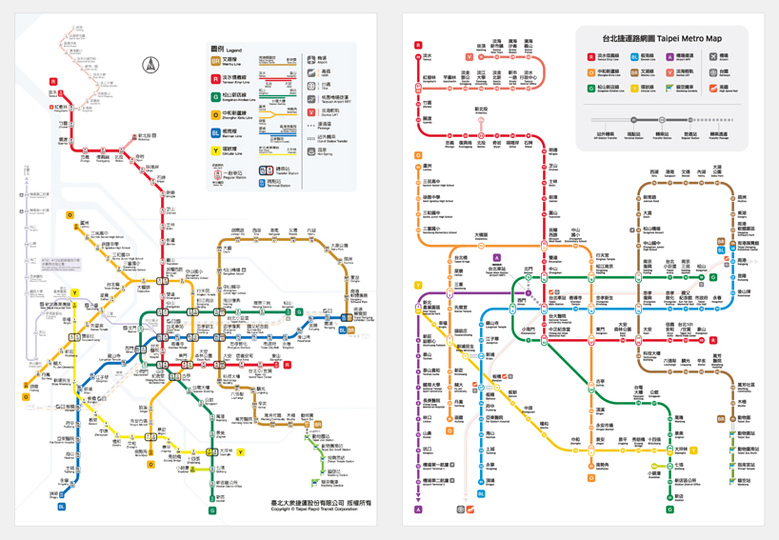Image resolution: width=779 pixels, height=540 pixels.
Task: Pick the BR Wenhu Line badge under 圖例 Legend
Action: click(x=216, y=61)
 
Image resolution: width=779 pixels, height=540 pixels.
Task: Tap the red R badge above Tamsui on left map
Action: click(x=54, y=82)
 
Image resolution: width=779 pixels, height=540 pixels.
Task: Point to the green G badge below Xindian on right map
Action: click(x=670, y=510)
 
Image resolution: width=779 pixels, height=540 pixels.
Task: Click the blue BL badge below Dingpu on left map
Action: click(x=63, y=507)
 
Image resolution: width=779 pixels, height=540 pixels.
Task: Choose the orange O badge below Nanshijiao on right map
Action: click(x=590, y=478)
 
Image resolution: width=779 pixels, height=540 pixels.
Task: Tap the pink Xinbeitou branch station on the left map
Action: click(x=142, y=136)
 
